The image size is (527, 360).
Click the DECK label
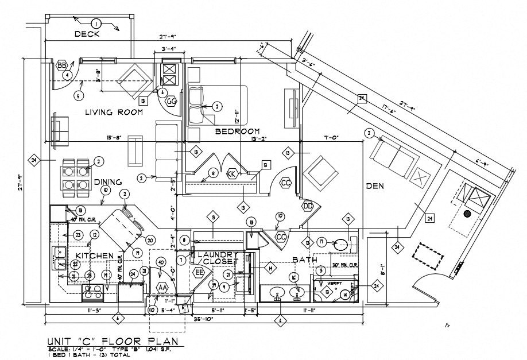click(x=87, y=34)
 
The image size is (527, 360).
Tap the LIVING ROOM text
click(x=114, y=112)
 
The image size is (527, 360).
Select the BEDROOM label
click(x=237, y=131)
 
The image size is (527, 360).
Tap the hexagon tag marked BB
click(x=61, y=65)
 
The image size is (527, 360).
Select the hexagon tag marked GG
click(x=171, y=102)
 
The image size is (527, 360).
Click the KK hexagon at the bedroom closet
click(x=232, y=173)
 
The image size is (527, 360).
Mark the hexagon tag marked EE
click(x=200, y=272)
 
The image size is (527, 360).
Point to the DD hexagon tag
click(x=308, y=207)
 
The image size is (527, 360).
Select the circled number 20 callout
click(x=150, y=240)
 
